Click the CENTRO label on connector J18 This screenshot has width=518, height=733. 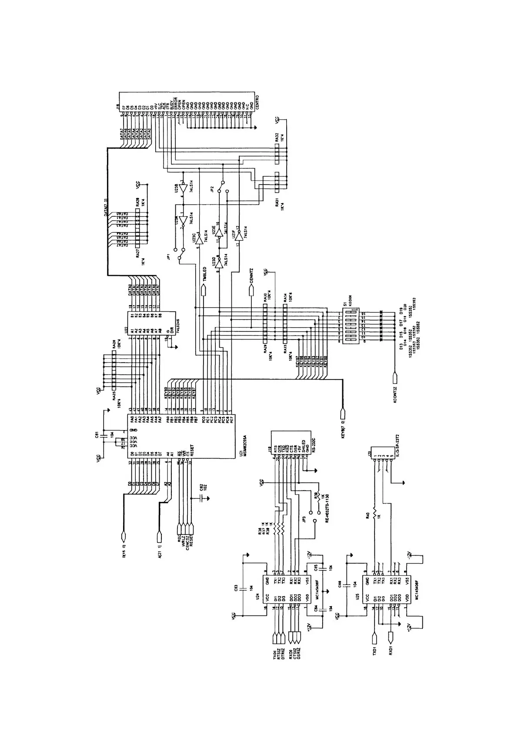pos(257,104)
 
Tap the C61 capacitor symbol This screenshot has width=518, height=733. pos(104,435)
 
